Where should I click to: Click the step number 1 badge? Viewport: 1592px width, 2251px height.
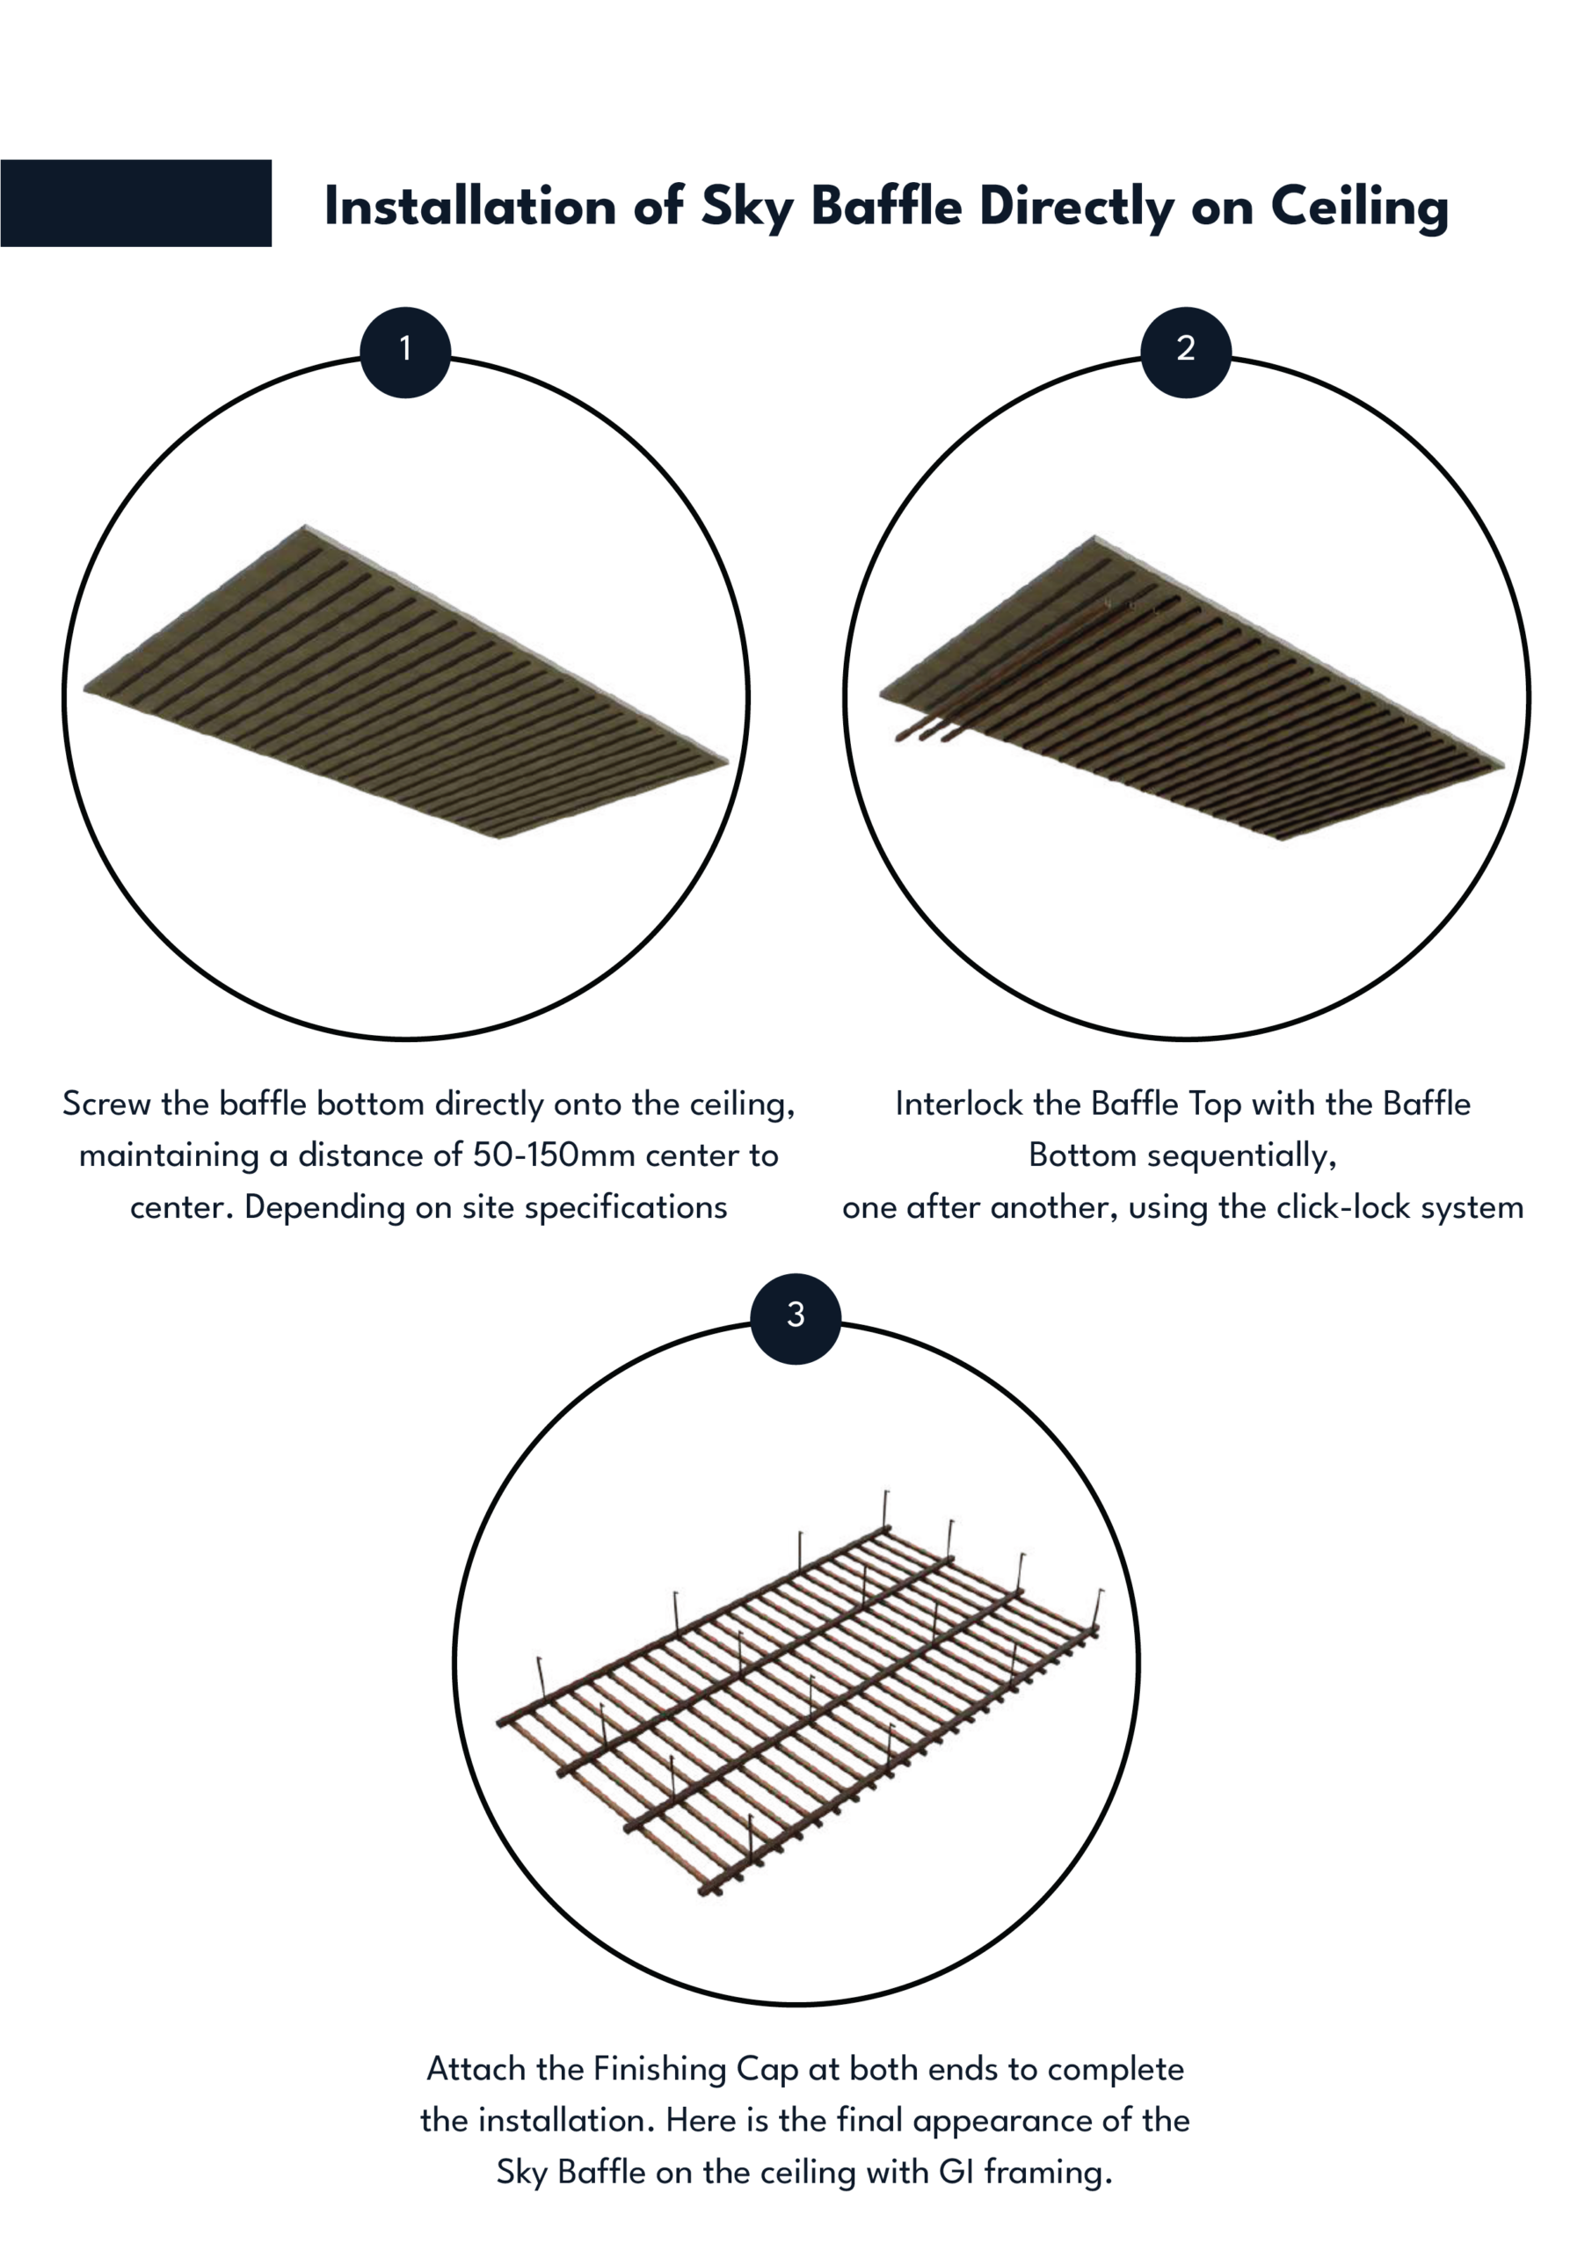tap(405, 352)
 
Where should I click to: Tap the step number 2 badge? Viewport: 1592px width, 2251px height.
tap(1186, 352)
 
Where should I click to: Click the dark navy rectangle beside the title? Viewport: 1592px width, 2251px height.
tap(135, 203)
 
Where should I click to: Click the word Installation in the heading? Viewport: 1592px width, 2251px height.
tap(469, 206)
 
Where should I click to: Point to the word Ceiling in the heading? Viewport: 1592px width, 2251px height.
tap(1360, 208)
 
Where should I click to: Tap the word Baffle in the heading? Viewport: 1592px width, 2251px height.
tap(887, 206)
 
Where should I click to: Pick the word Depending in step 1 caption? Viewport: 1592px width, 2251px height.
tap(324, 1208)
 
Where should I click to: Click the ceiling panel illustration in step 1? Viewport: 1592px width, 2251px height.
tap(406, 681)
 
